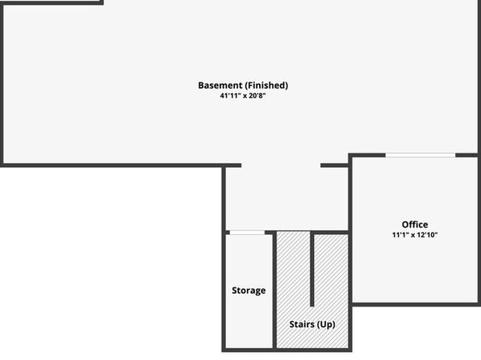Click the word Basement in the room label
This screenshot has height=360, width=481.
[220, 86]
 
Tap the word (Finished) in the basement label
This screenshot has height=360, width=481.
[266, 86]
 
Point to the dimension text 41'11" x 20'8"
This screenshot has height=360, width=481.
[243, 96]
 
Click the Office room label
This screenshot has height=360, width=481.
[415, 224]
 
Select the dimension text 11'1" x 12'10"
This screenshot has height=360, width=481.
[415, 235]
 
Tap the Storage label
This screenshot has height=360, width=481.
[249, 291]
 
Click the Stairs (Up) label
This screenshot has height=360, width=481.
[312, 324]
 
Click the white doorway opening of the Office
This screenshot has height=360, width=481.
[420, 155]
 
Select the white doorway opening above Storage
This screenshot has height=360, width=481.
[247, 232]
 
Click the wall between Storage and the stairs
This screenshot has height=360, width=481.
[274, 291]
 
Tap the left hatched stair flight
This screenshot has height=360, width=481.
[293, 290]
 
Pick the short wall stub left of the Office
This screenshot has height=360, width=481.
[335, 165]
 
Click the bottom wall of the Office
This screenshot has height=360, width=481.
[416, 304]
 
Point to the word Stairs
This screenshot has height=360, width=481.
[302, 324]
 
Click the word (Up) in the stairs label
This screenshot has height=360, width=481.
[326, 324]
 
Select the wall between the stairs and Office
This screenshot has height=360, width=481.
[350, 252]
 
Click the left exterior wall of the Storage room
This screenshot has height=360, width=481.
[224, 291]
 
